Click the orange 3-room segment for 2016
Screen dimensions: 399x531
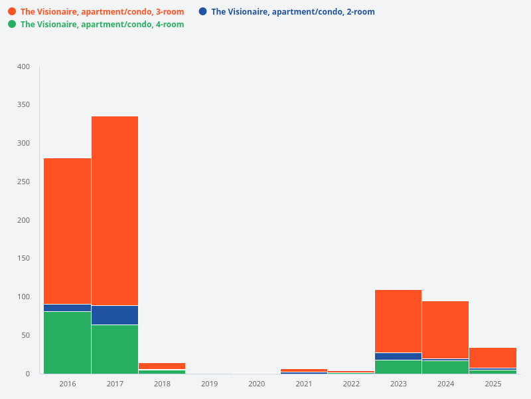pos(67,231)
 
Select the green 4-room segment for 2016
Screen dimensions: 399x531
pos(67,342)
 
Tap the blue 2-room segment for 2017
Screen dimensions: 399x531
pos(115,315)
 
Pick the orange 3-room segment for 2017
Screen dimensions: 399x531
pos(115,211)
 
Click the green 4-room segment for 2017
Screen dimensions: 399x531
pos(115,349)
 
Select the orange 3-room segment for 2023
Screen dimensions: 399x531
pos(398,321)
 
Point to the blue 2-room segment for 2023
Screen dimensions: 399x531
pos(398,356)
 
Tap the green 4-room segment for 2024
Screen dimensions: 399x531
pos(445,367)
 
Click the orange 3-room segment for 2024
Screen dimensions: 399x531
pos(445,330)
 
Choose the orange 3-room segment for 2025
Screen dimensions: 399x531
pos(493,358)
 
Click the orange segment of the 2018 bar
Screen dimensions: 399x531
pos(162,366)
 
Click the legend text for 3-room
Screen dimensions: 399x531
pos(102,12)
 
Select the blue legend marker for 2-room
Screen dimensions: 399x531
pos(202,11)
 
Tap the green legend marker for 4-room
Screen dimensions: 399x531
pos(12,24)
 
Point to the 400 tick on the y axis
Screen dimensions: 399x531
pos(24,66)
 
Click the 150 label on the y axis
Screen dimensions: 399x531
pos(24,259)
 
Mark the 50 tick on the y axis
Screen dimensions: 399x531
pos(25,335)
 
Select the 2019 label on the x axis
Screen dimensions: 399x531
pos(209,384)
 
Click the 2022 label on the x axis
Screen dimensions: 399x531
pos(351,384)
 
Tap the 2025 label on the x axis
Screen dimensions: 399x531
pos(493,384)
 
